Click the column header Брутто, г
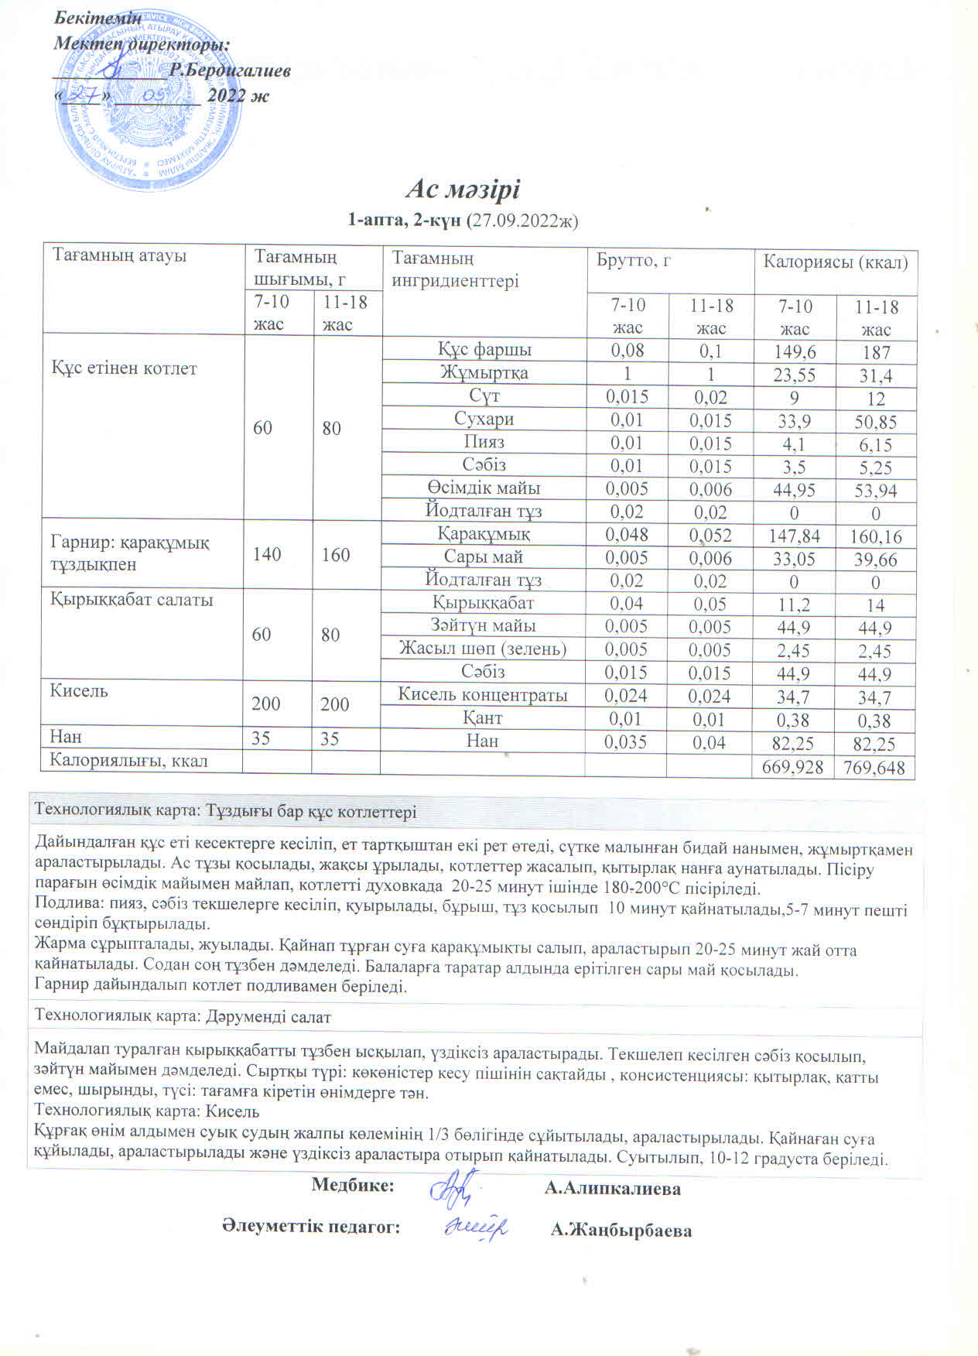[633, 261]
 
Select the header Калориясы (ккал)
[836, 262]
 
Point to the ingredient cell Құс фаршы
[484, 350]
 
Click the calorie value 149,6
[795, 352]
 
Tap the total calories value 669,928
[794, 768]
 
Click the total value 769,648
[874, 768]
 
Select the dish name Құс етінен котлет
[124, 368]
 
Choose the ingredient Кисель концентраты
[483, 695]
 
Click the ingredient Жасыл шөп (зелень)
[483, 649]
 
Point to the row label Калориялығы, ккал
[128, 761]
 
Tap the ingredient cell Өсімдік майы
[484, 488]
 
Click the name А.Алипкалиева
[613, 1189]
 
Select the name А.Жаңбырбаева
[621, 1231]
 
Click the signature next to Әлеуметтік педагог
[477, 1228]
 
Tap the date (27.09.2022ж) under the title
[523, 221]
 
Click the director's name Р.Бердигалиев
[231, 70]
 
